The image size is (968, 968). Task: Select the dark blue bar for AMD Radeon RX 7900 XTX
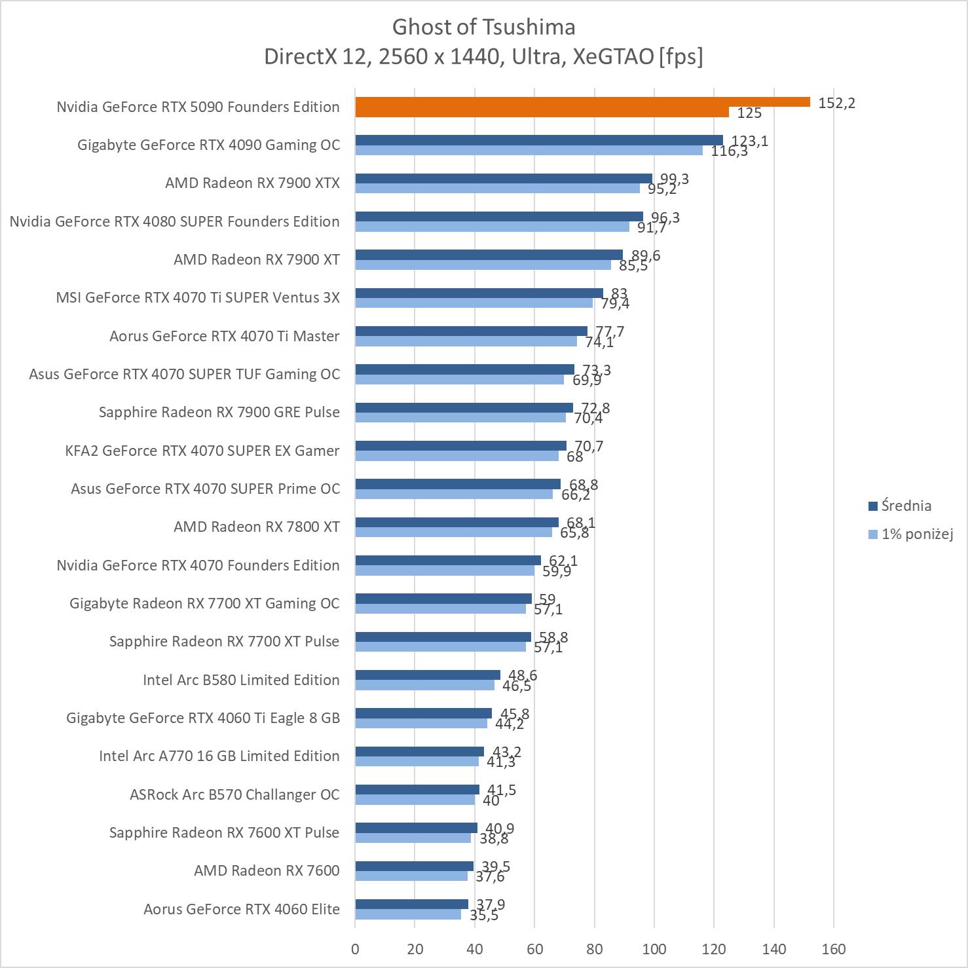(x=504, y=179)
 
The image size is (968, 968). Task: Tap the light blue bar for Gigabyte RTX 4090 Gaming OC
(x=529, y=151)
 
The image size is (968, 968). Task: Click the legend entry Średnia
(x=906, y=506)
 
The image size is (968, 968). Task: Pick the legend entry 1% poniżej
(x=916, y=534)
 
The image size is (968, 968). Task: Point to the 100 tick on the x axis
(x=654, y=948)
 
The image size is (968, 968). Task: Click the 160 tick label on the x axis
(x=833, y=948)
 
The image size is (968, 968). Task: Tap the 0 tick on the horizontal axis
(x=355, y=948)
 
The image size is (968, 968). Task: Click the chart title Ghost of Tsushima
(x=483, y=27)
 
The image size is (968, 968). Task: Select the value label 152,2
(x=836, y=103)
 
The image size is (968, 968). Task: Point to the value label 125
(x=749, y=113)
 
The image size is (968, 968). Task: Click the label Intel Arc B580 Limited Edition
(x=241, y=680)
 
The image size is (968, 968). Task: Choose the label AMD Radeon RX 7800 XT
(x=257, y=527)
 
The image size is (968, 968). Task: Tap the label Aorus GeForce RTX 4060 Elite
(x=242, y=909)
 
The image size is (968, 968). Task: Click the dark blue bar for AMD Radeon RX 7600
(x=414, y=866)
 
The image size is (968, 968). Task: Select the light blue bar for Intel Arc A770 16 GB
(x=417, y=762)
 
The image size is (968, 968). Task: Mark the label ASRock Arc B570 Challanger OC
(x=234, y=794)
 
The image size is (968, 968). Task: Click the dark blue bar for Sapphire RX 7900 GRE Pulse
(x=464, y=408)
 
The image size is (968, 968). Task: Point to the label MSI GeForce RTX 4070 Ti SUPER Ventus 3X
(x=198, y=297)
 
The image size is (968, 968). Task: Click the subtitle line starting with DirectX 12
(x=483, y=57)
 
